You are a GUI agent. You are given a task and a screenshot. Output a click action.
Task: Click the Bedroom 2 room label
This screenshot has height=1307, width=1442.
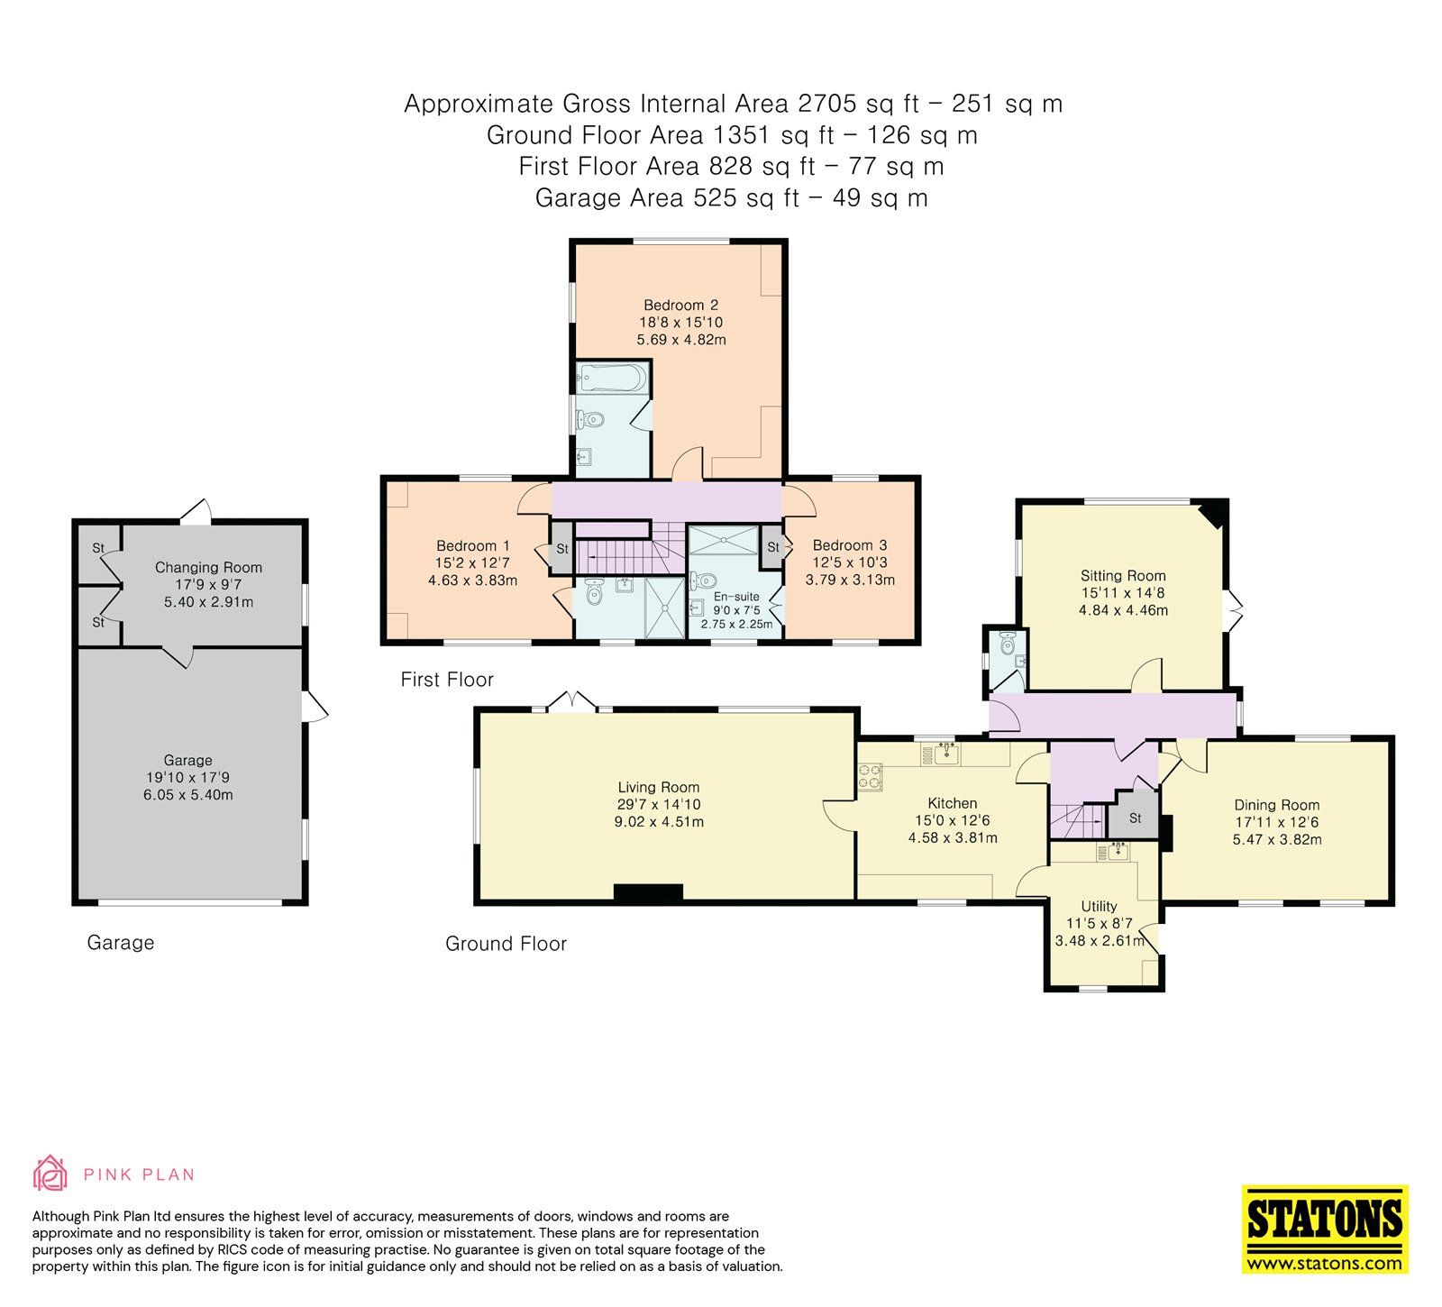(680, 306)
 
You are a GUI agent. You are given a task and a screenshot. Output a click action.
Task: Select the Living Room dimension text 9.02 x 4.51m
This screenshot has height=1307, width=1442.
(658, 822)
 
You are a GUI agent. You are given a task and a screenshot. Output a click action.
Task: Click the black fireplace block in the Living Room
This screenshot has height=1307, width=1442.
(648, 892)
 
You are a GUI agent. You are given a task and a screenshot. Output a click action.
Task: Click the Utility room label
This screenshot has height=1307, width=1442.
(1099, 907)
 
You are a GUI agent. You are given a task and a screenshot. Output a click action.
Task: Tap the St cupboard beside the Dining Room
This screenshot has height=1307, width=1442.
(1136, 818)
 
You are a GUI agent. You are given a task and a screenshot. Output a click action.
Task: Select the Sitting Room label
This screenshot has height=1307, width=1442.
(1123, 576)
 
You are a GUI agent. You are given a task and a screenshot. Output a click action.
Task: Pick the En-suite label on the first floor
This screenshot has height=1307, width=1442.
(735, 597)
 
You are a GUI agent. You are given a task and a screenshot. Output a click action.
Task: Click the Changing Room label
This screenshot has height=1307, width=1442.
(208, 568)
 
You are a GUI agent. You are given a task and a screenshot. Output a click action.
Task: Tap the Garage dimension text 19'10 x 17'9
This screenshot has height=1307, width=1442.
(187, 778)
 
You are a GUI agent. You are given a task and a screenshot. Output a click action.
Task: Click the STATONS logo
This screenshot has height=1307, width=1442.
(1324, 1228)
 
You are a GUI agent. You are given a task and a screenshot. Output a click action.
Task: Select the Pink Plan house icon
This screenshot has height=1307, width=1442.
(50, 1174)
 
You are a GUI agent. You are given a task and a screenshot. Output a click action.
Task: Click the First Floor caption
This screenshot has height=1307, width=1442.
(447, 680)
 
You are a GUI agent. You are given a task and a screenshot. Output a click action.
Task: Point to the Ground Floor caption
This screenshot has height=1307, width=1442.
(506, 944)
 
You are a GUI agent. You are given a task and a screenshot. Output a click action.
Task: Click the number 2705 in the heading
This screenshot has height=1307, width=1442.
(826, 104)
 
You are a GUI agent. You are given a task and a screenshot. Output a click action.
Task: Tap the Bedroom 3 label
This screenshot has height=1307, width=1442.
(849, 545)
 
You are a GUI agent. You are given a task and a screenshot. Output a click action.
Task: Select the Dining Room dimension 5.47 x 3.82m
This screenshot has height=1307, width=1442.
(1277, 840)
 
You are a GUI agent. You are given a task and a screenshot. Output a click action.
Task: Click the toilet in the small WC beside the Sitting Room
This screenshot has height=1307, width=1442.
(1008, 642)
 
